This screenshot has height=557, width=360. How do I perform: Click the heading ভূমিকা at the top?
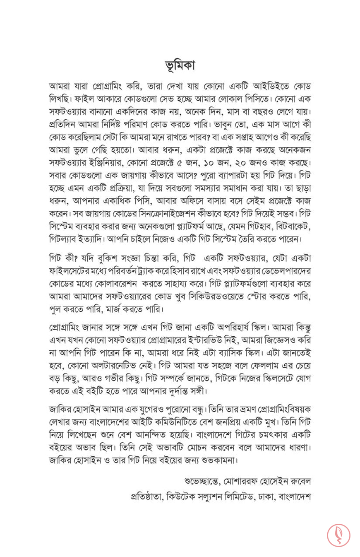coord(180,65)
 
